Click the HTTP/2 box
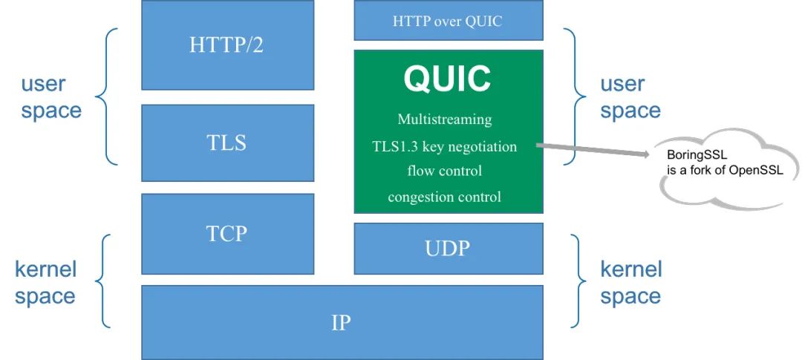click(227, 45)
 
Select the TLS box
click(227, 143)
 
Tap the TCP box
click(227, 234)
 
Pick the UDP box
click(449, 248)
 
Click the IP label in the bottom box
click(341, 323)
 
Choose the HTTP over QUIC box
click(449, 21)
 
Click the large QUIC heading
click(448, 79)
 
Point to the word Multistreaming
click(445, 120)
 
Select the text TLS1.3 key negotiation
click(445, 146)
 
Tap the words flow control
click(445, 171)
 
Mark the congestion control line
click(445, 197)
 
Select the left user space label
click(51, 97)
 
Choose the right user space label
click(630, 97)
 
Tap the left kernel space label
click(45, 282)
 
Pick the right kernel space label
click(630, 282)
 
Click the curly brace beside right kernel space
click(576, 281)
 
